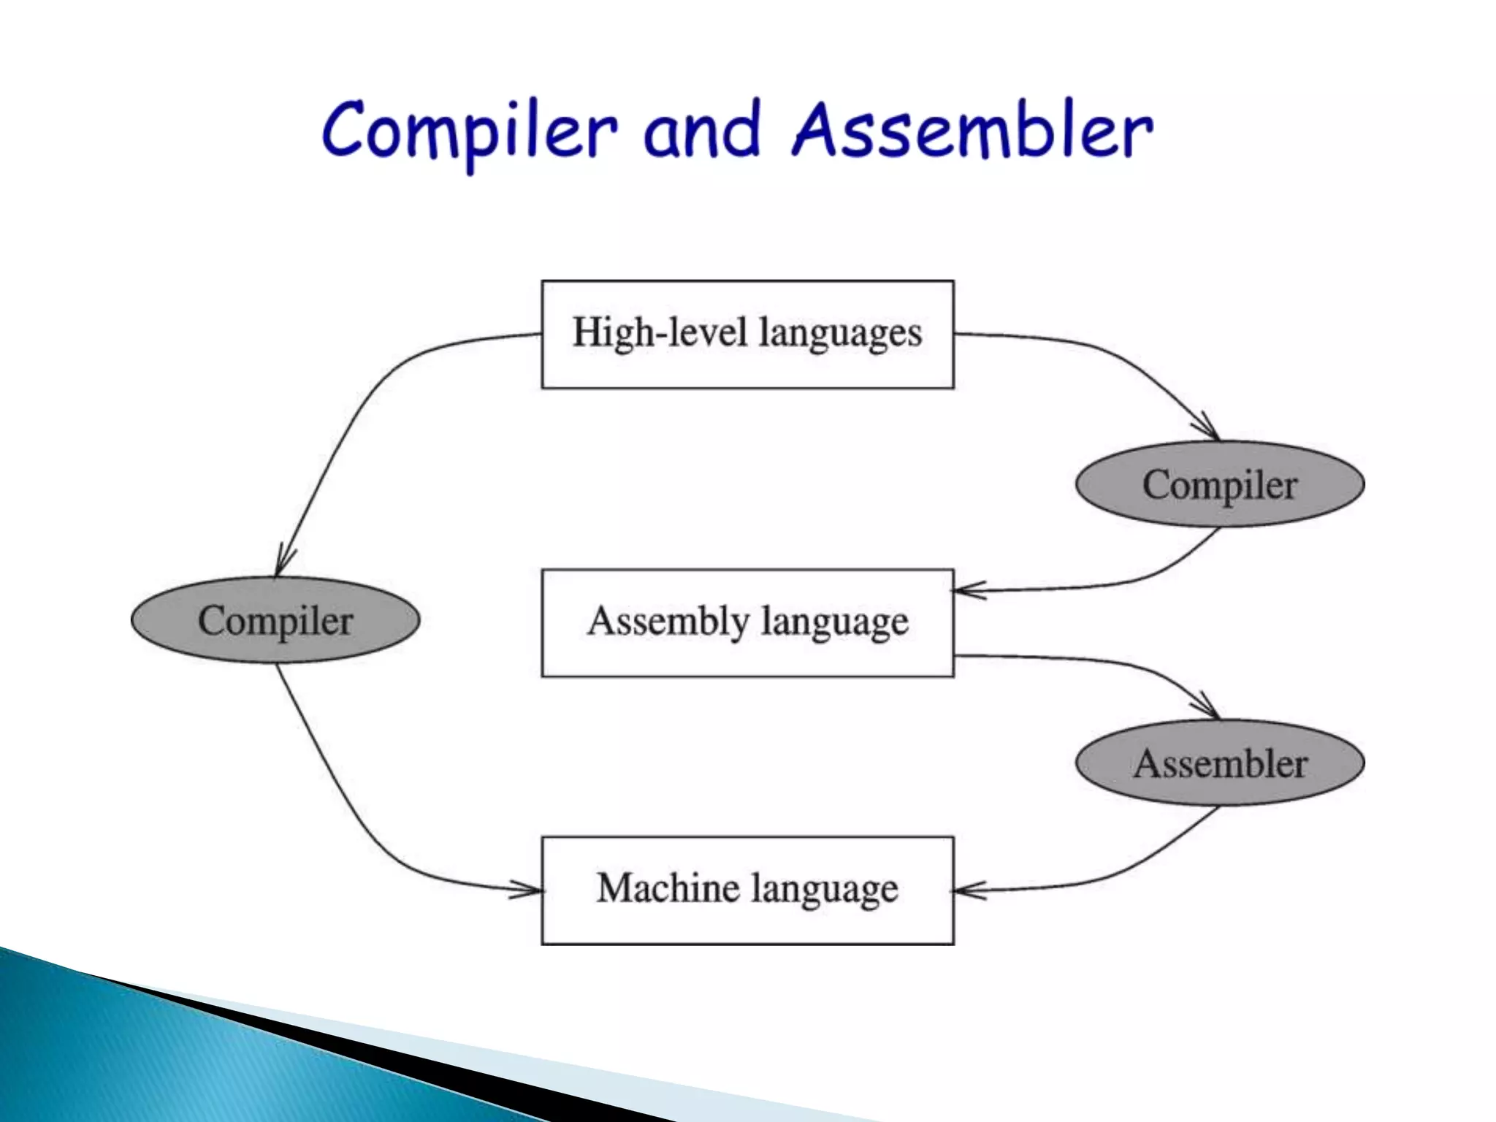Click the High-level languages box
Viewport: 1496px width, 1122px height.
coord(747,334)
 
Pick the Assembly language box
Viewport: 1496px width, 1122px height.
coord(747,622)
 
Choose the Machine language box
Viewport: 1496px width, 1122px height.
coord(747,890)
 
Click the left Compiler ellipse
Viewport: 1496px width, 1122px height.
coord(275,620)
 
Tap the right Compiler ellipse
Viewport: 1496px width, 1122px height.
coord(1220,484)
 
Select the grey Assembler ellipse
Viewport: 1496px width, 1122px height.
coord(1220,763)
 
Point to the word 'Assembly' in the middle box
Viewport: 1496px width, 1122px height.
coord(668,622)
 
